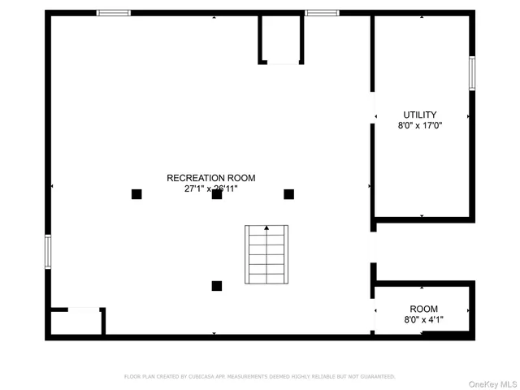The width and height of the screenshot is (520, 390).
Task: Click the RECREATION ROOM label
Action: pos(211,178)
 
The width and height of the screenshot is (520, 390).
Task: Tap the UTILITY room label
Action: pos(420,115)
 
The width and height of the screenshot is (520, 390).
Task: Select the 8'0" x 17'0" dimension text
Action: pos(420,126)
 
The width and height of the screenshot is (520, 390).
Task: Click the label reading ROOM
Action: pos(423,309)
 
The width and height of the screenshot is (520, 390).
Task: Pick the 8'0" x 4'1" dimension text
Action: pos(423,320)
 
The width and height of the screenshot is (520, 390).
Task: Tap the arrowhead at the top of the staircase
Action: pos(266,228)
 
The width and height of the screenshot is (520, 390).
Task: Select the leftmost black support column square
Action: pos(136,194)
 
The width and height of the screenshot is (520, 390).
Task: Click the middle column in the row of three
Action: pos(217,194)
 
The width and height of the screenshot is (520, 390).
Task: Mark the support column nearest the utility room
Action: pos(288,194)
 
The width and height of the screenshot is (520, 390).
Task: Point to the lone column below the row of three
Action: pos(217,285)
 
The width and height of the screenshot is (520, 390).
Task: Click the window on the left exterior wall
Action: pos(48,251)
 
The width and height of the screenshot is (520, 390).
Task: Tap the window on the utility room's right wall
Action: pos(472,72)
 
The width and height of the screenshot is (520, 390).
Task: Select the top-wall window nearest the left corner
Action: pos(114,13)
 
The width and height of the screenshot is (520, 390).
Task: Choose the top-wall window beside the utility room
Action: pos(322,13)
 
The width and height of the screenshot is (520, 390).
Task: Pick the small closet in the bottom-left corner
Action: pos(76,321)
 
